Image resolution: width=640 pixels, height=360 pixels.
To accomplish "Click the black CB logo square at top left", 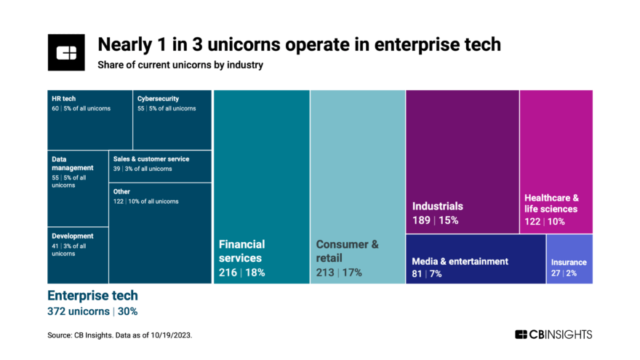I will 66,52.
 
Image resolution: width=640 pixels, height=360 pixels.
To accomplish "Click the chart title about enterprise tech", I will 299,44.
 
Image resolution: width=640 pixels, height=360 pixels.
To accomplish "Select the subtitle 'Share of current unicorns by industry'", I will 180,65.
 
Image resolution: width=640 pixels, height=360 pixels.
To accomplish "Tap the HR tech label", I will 64,99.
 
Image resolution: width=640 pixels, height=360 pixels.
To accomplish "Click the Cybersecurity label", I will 158,99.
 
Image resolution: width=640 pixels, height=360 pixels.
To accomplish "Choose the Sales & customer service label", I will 151,159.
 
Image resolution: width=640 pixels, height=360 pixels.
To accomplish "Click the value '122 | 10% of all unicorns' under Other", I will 145,201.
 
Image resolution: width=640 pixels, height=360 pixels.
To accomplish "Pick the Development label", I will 72,236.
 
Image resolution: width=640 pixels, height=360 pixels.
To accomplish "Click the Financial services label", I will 241,251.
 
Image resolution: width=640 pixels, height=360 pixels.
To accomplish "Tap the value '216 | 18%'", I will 241,273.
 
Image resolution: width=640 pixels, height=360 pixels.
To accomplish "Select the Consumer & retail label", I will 347,251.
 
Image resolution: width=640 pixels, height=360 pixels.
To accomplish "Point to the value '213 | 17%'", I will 338,273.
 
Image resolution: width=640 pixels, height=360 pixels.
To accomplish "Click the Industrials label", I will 437,207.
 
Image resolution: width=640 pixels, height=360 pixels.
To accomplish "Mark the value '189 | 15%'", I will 435,220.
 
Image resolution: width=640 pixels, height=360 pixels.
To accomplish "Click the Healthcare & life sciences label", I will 551,203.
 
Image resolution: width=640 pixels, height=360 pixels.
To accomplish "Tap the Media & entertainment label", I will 460,262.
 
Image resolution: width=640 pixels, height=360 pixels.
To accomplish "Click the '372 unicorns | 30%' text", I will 92,311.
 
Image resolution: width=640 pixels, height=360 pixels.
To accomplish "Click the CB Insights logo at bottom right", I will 553,335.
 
